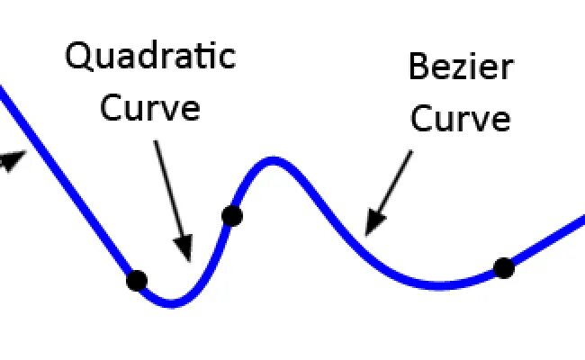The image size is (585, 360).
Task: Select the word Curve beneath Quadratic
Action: tap(150, 108)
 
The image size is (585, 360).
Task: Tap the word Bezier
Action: tap(459, 67)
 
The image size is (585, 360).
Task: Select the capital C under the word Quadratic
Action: tap(111, 108)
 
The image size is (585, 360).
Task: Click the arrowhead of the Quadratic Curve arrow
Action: tap(184, 250)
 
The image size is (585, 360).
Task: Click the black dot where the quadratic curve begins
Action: tap(136, 280)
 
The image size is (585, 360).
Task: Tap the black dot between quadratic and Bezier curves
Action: tap(231, 215)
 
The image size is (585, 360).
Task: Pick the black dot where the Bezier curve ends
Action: tap(503, 267)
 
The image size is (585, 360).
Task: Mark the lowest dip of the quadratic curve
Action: tap(172, 303)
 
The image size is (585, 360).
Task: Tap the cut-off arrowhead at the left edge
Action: tap(11, 161)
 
